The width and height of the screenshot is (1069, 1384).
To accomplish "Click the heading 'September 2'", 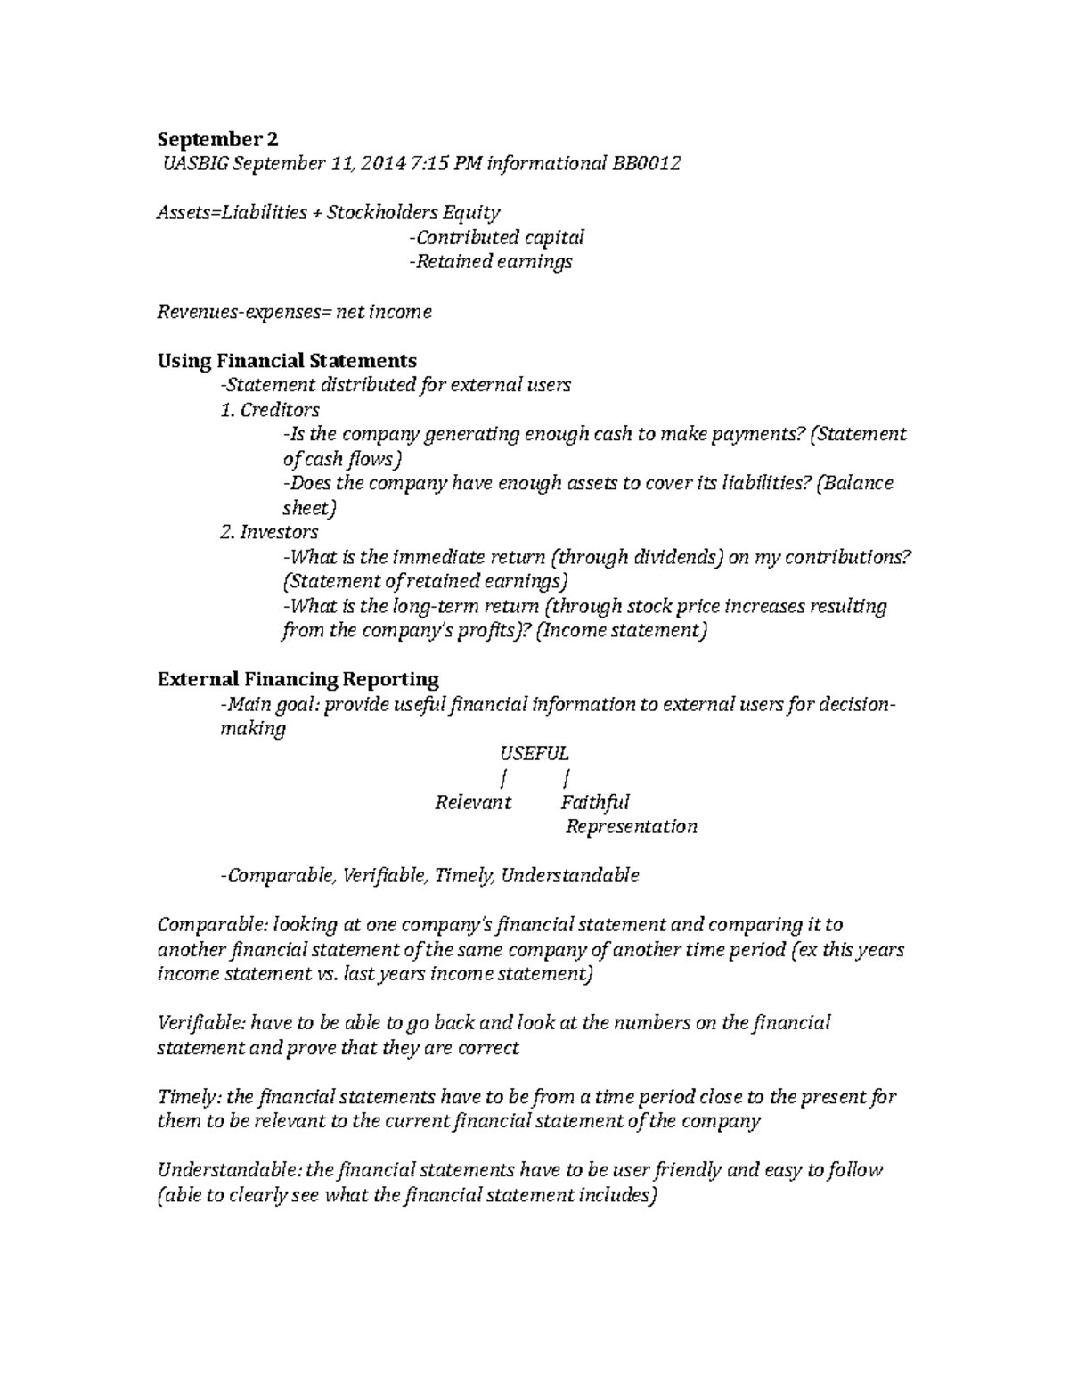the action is (x=217, y=139).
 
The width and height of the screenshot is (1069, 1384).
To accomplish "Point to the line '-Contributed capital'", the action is (x=495, y=237).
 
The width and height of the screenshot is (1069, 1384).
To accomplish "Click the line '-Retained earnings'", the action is (x=489, y=261).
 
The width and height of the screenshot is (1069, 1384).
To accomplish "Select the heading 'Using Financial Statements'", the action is (x=287, y=360).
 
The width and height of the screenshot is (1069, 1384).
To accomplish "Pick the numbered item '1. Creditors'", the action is (x=269, y=410).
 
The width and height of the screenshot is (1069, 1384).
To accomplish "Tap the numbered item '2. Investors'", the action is (x=268, y=532).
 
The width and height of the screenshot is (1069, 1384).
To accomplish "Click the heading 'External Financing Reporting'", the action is (x=298, y=679).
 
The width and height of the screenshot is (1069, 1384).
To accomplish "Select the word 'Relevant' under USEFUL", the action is (x=473, y=802).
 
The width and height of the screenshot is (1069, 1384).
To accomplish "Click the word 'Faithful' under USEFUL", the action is (x=594, y=802).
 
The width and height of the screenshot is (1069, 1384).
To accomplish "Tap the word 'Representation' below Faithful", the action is (x=632, y=827).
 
